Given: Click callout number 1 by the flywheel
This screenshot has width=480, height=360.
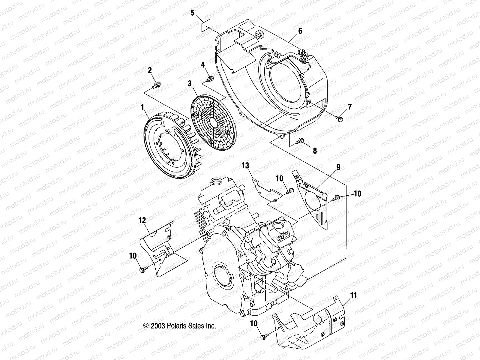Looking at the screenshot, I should coord(142,106).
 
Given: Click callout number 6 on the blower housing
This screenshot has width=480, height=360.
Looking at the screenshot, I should coord(300,31).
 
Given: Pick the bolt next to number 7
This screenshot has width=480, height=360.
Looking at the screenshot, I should coord(340,119).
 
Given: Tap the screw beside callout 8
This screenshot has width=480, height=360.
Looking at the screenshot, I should coord(300,140).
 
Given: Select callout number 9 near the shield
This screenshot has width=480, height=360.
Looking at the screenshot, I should coord(338,167).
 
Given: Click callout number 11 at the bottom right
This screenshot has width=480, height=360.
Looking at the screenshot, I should coord(354,295).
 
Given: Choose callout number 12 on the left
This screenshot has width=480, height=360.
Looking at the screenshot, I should coord(142,220).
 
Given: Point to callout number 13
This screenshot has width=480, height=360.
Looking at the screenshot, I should coord(246,165).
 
